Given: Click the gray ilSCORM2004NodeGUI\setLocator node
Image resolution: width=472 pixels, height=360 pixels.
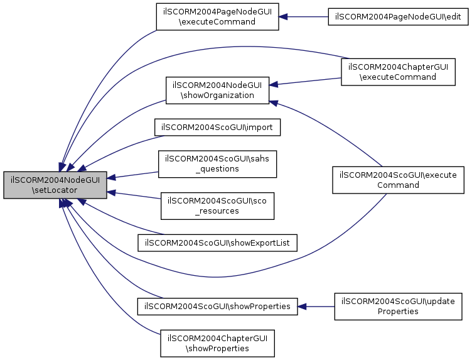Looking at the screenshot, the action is (55, 185).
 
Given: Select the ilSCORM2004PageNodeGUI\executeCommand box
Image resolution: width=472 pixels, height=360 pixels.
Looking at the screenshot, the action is (217, 17).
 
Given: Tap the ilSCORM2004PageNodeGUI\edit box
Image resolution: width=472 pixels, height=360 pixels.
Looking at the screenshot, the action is (398, 17).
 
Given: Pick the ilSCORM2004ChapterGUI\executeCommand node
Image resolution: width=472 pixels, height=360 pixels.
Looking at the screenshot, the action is (398, 72).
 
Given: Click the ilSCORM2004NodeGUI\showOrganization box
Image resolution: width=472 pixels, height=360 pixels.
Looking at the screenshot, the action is (217, 90).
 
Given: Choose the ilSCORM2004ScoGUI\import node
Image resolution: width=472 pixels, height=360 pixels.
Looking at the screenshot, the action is (217, 128).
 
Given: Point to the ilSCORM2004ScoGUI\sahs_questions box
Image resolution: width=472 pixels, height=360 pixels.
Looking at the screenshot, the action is (217, 164).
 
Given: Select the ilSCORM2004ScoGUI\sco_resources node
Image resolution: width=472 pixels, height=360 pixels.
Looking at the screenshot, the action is (217, 206).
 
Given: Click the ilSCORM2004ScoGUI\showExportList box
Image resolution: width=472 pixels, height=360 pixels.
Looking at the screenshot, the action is (217, 243).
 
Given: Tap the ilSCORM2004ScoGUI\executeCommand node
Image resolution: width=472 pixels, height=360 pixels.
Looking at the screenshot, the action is (398, 180).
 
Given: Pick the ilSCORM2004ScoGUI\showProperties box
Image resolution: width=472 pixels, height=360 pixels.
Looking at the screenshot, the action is (217, 307).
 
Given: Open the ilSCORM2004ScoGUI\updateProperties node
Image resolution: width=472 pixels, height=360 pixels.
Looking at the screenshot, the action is (398, 307).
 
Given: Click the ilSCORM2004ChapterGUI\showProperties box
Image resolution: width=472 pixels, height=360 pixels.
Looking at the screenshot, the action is (217, 344).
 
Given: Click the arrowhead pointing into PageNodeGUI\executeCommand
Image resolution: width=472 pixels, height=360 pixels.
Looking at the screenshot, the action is (283, 17).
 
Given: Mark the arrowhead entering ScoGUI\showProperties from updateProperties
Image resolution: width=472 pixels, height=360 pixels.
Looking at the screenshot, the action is (302, 307).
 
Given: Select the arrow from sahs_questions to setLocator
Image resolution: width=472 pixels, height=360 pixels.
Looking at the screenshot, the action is (133, 175).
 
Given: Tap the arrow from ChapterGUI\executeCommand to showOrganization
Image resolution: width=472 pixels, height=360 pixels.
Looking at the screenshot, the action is (305, 81).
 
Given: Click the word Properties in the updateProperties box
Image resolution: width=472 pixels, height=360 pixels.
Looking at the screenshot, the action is (398, 312).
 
